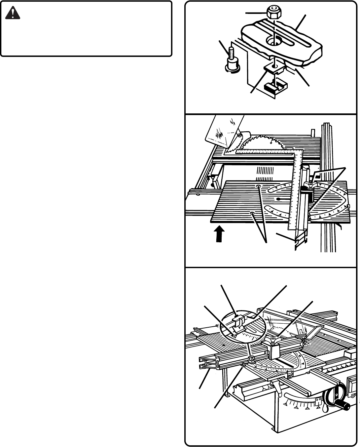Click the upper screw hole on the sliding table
259,187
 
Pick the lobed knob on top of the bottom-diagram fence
274,340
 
